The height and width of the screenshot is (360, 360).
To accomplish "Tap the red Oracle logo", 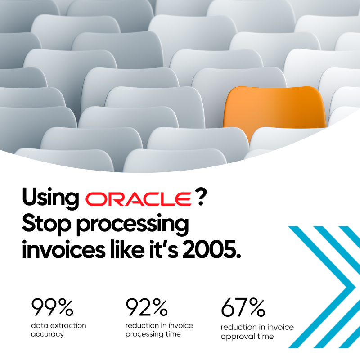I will (x=138, y=199).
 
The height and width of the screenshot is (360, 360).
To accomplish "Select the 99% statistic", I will (x=52, y=308).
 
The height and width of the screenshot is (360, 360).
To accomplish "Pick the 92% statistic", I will (x=146, y=308).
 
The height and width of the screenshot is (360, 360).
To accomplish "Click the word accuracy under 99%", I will (x=47, y=334).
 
